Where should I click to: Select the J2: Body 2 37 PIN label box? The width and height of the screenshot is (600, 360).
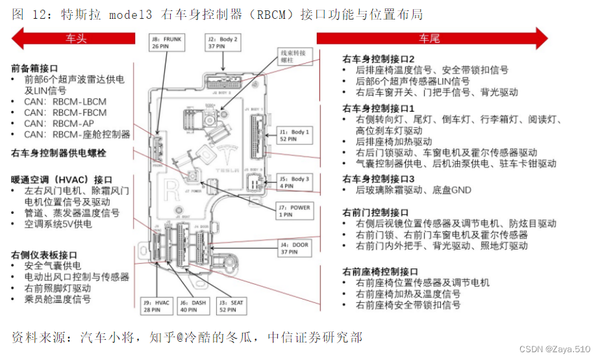223,43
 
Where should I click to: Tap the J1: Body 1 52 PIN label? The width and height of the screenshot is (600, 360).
294,135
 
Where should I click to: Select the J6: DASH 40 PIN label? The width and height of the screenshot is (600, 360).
193,305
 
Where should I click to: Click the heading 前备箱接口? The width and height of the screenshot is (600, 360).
34,68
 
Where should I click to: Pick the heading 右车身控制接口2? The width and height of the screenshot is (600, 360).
379,59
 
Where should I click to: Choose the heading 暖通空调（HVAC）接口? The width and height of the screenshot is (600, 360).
62,179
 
